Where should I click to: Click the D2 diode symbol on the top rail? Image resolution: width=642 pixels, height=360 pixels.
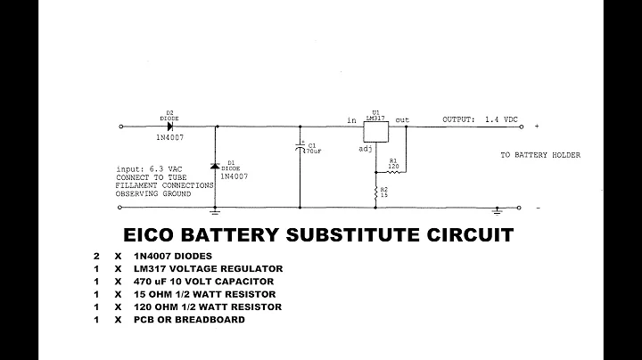click(169, 127)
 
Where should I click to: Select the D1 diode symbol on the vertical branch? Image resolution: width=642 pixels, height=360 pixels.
click(215, 167)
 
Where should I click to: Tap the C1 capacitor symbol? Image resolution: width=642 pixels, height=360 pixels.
click(300, 148)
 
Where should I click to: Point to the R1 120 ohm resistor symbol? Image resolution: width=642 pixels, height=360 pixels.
click(391, 173)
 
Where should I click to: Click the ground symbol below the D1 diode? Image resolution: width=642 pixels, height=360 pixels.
click(215, 212)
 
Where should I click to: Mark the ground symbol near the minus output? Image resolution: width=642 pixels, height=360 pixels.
click(498, 212)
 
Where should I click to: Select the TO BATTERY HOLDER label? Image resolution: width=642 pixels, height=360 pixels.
click(540, 155)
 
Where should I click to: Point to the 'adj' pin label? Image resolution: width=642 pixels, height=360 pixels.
click(365, 149)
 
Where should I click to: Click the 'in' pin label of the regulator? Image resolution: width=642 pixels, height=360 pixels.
click(351, 119)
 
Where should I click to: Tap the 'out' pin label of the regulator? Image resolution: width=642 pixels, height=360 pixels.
click(402, 119)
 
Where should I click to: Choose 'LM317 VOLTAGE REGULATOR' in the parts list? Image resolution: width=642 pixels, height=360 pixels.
click(208, 268)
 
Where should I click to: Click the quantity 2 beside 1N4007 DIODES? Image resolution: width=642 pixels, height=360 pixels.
click(95, 255)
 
